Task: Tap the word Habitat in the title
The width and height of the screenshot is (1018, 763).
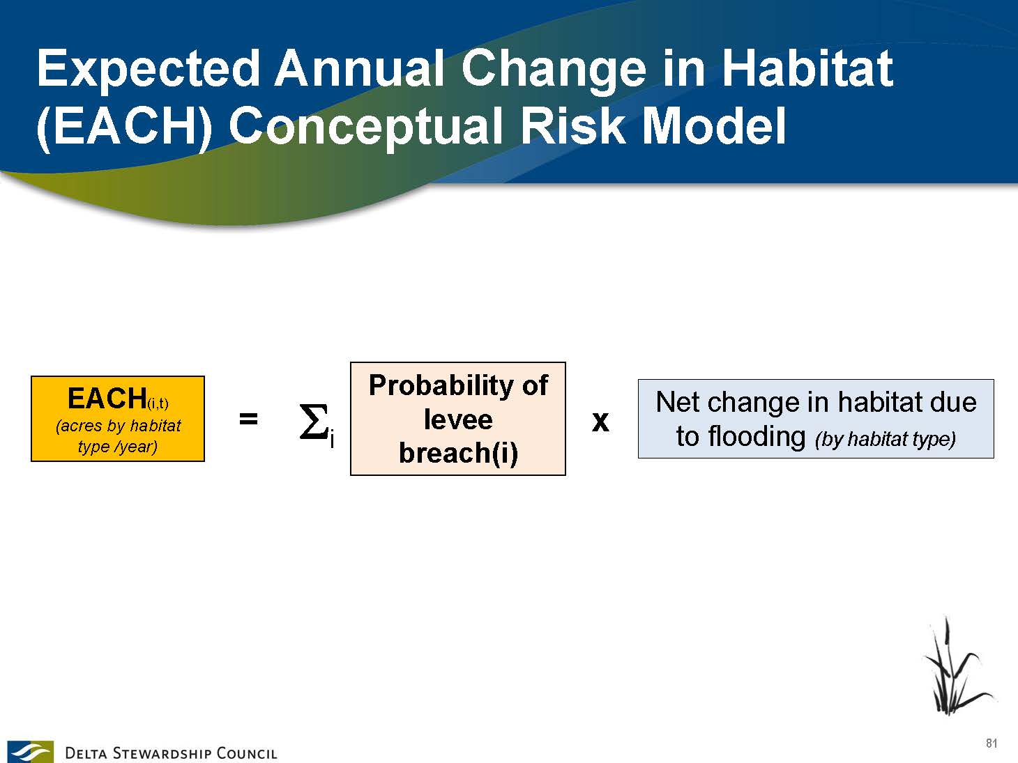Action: pos(807,68)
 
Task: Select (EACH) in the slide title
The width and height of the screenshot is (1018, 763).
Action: pos(124,126)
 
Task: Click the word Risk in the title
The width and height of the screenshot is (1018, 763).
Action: pos(572,125)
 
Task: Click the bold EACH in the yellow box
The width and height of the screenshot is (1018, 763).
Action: pos(107,398)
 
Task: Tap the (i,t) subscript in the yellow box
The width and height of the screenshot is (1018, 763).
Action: pos(158,403)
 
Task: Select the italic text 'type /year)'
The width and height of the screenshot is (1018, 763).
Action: pos(118,446)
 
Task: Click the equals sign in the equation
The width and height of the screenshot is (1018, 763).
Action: pos(248,419)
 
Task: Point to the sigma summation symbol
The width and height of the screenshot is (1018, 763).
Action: pos(314,421)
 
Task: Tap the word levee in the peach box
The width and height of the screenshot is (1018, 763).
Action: pos(458,419)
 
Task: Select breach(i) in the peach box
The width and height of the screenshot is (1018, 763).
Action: pos(458,453)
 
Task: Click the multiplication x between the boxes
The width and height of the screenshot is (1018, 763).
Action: pos(600,422)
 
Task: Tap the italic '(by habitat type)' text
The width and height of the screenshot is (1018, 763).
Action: pos(886,439)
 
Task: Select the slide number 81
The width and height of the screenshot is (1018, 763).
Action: pos(992,743)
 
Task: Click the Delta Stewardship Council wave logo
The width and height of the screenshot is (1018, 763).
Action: pos(30,751)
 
